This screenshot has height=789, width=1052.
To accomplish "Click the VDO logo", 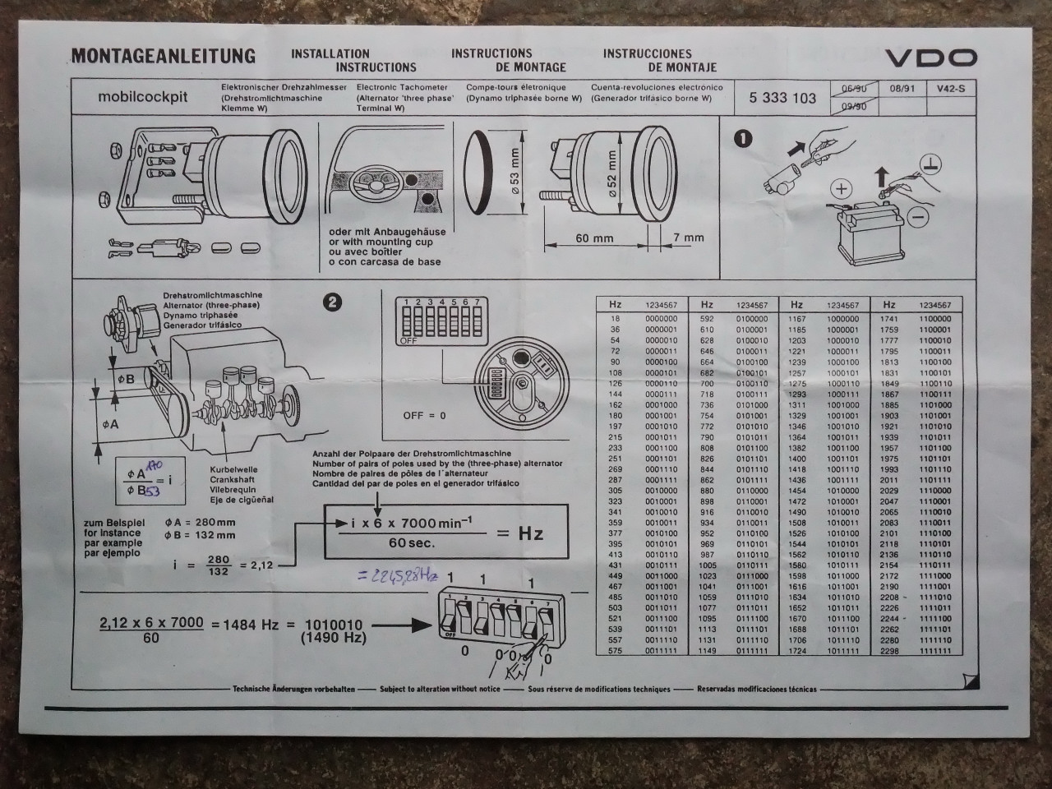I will coord(930,58).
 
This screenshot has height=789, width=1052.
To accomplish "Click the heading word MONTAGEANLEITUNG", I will coord(163,56).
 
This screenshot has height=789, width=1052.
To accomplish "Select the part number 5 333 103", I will coord(782,98).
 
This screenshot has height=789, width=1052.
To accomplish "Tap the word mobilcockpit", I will coord(143,97).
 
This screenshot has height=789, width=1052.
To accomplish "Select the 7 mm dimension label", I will coord(688,238).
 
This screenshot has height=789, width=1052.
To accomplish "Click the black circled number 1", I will coord(742,139).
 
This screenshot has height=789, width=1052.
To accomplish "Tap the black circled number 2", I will coord(332,302).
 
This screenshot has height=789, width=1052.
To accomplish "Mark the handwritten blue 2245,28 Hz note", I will coord(393,575).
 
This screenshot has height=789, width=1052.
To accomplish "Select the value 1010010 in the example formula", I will coord(333,625).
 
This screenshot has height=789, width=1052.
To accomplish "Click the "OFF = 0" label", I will coord(424,415).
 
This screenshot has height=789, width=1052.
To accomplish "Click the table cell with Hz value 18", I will coord(615,318).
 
